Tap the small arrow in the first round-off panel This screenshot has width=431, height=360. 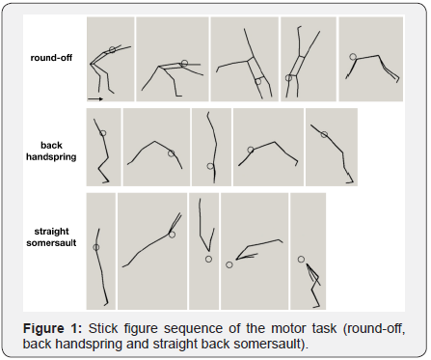tap(94, 97)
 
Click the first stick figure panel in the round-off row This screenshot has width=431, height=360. tap(110, 61)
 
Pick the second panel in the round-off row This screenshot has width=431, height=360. tap(172, 61)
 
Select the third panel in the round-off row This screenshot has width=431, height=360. tap(244, 61)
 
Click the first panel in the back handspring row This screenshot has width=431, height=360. tap(103, 146)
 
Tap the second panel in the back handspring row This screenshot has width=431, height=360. tap(155, 146)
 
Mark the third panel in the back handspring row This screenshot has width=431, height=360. tap(211, 146)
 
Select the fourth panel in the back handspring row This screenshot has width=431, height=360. tap(268, 146)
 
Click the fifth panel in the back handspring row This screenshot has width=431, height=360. tap(331, 146)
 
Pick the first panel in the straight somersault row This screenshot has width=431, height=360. tap(100, 250)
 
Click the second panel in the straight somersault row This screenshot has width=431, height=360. tap(152, 250)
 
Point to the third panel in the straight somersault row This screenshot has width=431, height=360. tap(203, 250)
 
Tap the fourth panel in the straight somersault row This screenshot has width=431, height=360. tap(255, 250)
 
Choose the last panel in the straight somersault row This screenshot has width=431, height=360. tap(308, 250)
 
